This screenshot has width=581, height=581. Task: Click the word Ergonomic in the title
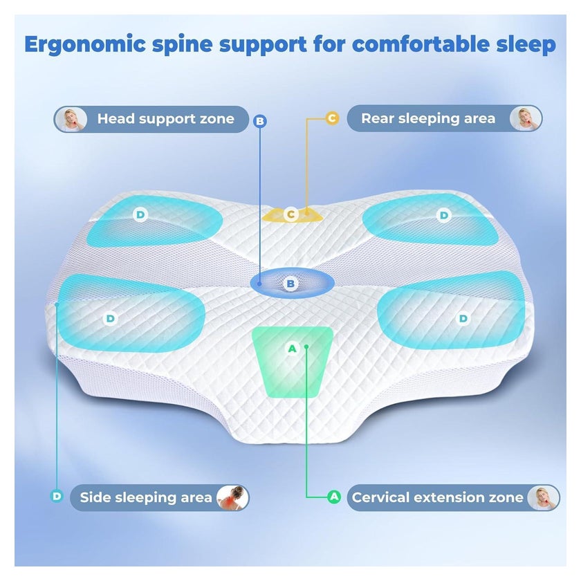85,45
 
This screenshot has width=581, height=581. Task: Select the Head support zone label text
165,119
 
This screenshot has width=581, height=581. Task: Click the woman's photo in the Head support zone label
71,119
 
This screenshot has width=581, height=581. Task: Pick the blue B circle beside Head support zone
260,121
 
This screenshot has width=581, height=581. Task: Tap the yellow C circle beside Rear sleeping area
332,118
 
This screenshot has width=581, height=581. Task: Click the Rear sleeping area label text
428,118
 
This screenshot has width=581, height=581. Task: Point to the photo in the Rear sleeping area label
526,118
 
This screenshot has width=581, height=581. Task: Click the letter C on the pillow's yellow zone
291,214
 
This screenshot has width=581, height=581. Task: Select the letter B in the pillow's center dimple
290,284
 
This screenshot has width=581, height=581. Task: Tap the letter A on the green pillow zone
293,349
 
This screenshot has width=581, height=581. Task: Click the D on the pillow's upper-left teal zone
140,214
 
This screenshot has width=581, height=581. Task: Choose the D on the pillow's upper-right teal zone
443,215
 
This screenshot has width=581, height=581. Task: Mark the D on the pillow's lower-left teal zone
111,319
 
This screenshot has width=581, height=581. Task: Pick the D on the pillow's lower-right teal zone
463,319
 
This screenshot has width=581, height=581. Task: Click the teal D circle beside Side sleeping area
57,496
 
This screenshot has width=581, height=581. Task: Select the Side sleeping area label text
146,497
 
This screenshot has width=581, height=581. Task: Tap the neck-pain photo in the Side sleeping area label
232,497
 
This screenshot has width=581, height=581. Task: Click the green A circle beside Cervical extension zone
334,497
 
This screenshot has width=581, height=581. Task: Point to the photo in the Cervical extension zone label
543,497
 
